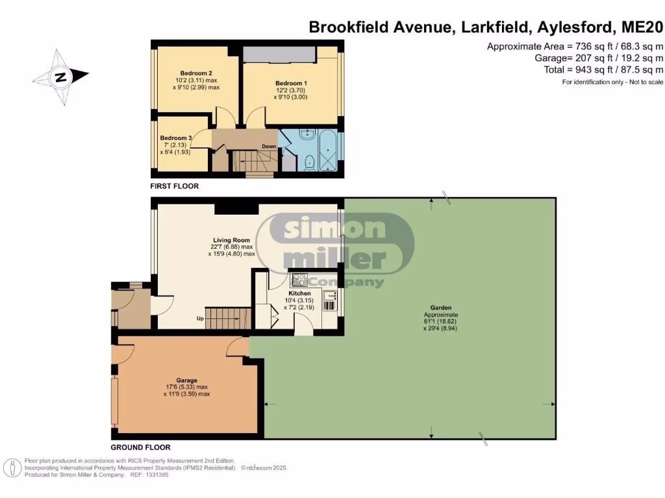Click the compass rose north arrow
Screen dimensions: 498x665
61,77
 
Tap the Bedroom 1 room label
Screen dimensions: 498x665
290,84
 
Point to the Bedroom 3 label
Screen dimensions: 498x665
176,138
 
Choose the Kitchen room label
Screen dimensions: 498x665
299,293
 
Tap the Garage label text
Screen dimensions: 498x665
186,381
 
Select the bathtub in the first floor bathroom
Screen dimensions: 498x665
331,150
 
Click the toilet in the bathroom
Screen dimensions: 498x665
308,161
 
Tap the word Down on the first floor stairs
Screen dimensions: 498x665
269,147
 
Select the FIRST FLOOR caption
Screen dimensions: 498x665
174,186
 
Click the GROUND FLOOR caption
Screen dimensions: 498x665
140,447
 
